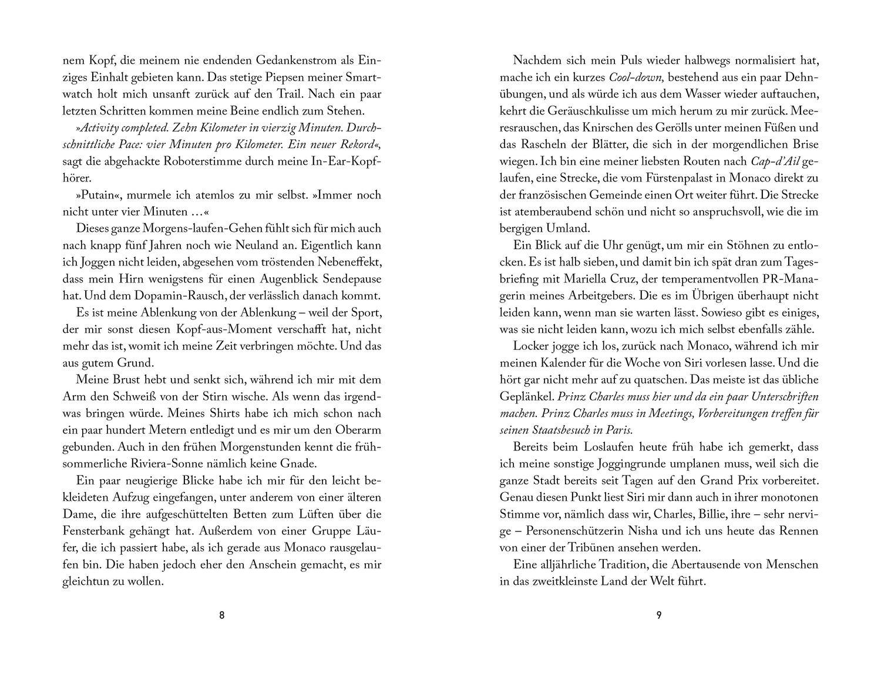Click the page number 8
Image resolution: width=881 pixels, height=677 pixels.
coord(221,615)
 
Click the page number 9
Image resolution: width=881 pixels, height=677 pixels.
coord(658,615)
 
